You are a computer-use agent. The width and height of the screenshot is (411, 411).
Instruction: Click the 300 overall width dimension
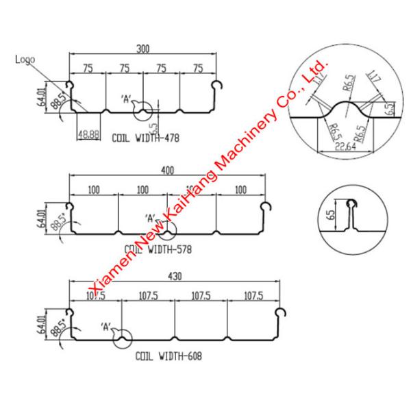(x=142, y=49)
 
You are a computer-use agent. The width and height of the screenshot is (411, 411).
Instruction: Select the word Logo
(x=25, y=60)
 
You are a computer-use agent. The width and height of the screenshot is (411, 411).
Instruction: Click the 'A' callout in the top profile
(x=126, y=98)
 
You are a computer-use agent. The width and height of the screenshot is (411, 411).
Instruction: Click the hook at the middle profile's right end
(x=268, y=207)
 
